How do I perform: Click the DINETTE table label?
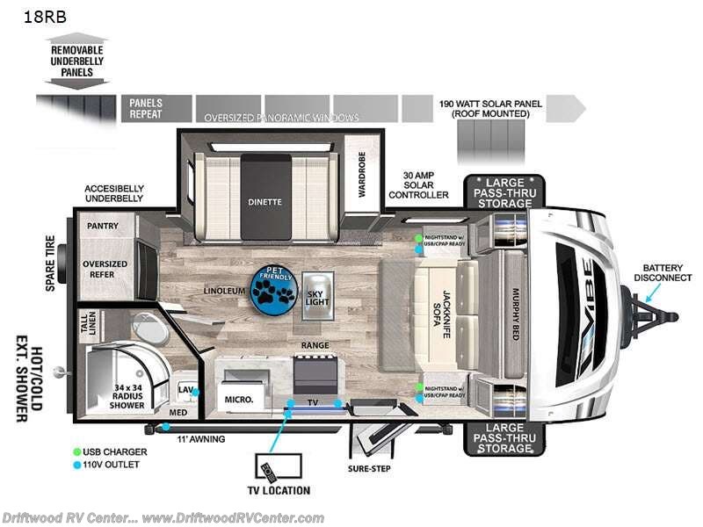(265, 201)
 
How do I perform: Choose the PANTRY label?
(102, 227)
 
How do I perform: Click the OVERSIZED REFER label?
(105, 270)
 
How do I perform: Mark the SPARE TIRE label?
(51, 263)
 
